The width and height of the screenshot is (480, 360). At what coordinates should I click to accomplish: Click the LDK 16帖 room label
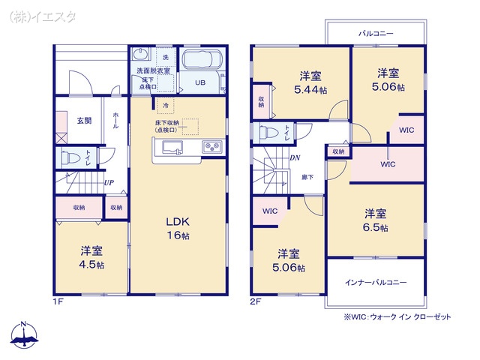point(178,228)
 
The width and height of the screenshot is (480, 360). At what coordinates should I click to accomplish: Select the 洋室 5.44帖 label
point(311,81)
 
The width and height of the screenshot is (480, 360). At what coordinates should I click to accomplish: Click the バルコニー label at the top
point(375,34)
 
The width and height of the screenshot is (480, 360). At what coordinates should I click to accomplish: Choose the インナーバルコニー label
point(376,283)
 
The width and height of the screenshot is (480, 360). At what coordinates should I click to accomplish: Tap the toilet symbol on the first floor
point(73,158)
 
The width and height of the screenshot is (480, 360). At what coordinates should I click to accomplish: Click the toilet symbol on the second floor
point(268,133)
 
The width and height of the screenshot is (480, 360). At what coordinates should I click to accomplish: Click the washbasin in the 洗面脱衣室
point(140,55)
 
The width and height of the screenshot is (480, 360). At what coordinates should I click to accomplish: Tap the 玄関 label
point(83,120)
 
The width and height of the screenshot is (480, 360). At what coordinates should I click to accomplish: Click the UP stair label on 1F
point(109,182)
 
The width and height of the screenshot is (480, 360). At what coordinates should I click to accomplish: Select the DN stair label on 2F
point(295,158)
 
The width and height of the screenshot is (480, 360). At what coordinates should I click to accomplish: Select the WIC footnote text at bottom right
point(397,316)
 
